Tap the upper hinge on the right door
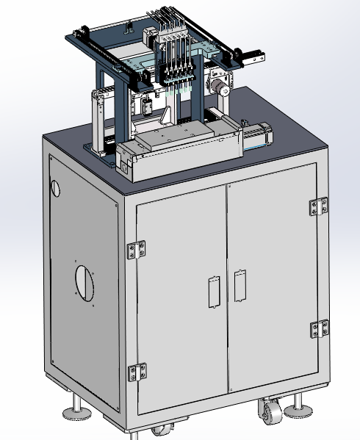[x=319, y=206]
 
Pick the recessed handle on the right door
[x=238, y=286]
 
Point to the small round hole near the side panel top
[x=54, y=187]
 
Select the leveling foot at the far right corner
[x=298, y=407]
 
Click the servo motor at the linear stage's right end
[x=259, y=137]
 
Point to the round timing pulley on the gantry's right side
[x=219, y=88]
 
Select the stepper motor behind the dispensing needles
[x=146, y=37]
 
